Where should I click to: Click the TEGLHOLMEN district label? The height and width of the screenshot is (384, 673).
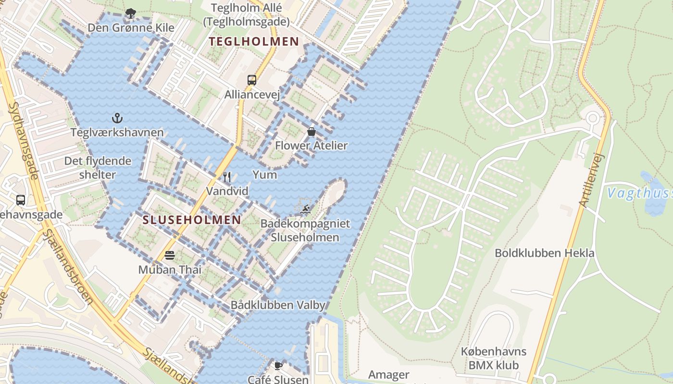pos(254,42)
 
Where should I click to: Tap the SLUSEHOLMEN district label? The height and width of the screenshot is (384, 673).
pos(192,220)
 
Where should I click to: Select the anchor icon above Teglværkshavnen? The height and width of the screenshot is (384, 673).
pos(117,118)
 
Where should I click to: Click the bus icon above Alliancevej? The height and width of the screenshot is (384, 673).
pos(252,80)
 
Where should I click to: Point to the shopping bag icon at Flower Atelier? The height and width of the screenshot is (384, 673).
pos(312,132)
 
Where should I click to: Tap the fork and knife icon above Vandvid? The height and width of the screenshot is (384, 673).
pos(227,177)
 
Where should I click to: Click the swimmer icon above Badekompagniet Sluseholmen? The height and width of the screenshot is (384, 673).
pos(305,209)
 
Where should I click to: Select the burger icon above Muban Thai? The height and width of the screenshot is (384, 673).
pos(170,255)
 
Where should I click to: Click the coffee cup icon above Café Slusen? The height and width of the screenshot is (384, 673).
pos(278,366)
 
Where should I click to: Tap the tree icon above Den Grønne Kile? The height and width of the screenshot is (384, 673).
pos(130,13)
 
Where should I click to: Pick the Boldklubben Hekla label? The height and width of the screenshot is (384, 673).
pos(545,253)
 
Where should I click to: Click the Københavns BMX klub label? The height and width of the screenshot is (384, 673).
pos(494,358)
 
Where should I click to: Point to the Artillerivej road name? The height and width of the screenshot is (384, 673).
pos(591,180)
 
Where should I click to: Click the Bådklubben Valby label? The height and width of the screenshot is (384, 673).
pos(278,305)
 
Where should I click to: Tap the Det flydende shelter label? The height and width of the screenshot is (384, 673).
pos(98,168)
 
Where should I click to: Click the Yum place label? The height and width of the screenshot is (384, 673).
pos(265,175)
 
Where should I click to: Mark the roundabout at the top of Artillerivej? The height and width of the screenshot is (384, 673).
pos(593,118)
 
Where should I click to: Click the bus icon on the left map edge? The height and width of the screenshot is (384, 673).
pos(21,200)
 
